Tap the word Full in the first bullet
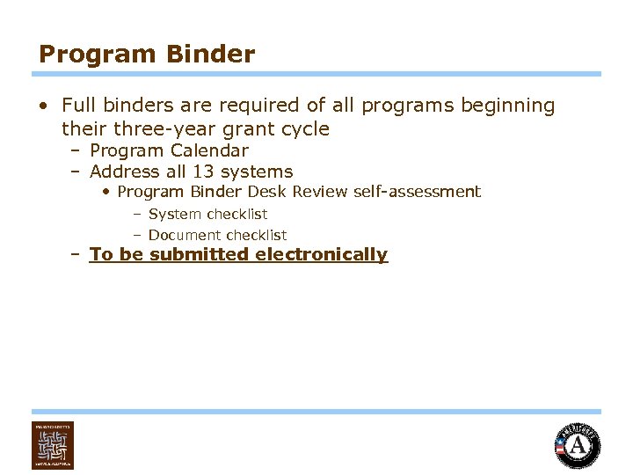click(77, 106)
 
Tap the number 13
click(204, 172)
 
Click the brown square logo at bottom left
click(53, 444)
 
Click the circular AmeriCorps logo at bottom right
click(578, 445)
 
